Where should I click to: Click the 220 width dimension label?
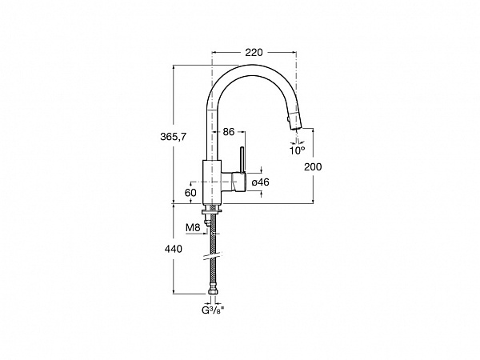tap(254, 53)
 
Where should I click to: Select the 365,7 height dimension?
tap(173, 137)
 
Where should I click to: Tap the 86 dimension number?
tap(228, 132)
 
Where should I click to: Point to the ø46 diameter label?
tap(261, 182)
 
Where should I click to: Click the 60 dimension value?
tap(190, 193)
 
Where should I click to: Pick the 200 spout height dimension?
tap(313, 167)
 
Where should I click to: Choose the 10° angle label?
tap(298, 150)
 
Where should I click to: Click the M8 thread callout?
tap(193, 228)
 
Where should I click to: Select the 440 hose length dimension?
tap(174, 249)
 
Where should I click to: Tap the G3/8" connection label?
tap(213, 310)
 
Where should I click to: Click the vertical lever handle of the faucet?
tap(242, 160)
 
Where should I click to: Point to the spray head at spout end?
tap(295, 121)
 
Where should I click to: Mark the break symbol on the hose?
tap(213, 256)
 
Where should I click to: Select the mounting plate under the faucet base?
tap(211, 211)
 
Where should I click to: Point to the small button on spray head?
tap(288, 119)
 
